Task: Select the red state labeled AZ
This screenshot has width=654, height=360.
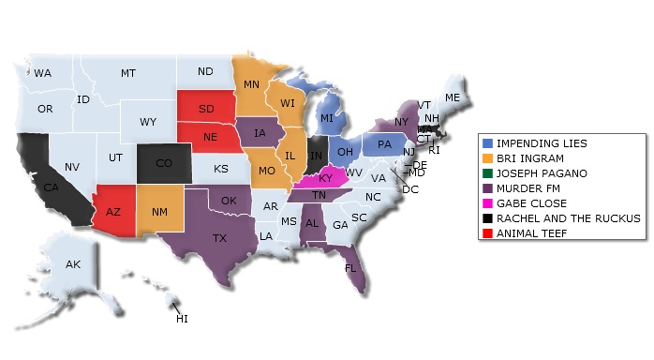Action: [113, 212]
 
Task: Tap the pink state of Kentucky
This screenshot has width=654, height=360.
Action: [327, 178]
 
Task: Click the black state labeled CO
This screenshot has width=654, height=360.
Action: [163, 163]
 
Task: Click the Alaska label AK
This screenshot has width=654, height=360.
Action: [73, 264]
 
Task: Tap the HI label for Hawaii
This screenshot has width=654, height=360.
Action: [182, 319]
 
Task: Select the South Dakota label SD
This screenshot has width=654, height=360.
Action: [206, 108]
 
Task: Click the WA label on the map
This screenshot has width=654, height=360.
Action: [43, 72]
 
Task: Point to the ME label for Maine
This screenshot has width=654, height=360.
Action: [453, 97]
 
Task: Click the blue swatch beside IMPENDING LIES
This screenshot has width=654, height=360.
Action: [487, 142]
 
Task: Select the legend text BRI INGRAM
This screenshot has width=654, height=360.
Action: [528, 157]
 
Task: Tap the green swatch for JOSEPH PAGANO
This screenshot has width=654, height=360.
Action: [487, 172]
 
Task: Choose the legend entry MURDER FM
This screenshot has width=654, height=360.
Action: [528, 187]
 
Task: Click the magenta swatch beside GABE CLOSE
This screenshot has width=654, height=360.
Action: [487, 202]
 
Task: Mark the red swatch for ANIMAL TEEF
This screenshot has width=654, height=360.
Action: [487, 232]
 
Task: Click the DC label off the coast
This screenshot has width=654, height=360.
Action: [410, 188]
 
